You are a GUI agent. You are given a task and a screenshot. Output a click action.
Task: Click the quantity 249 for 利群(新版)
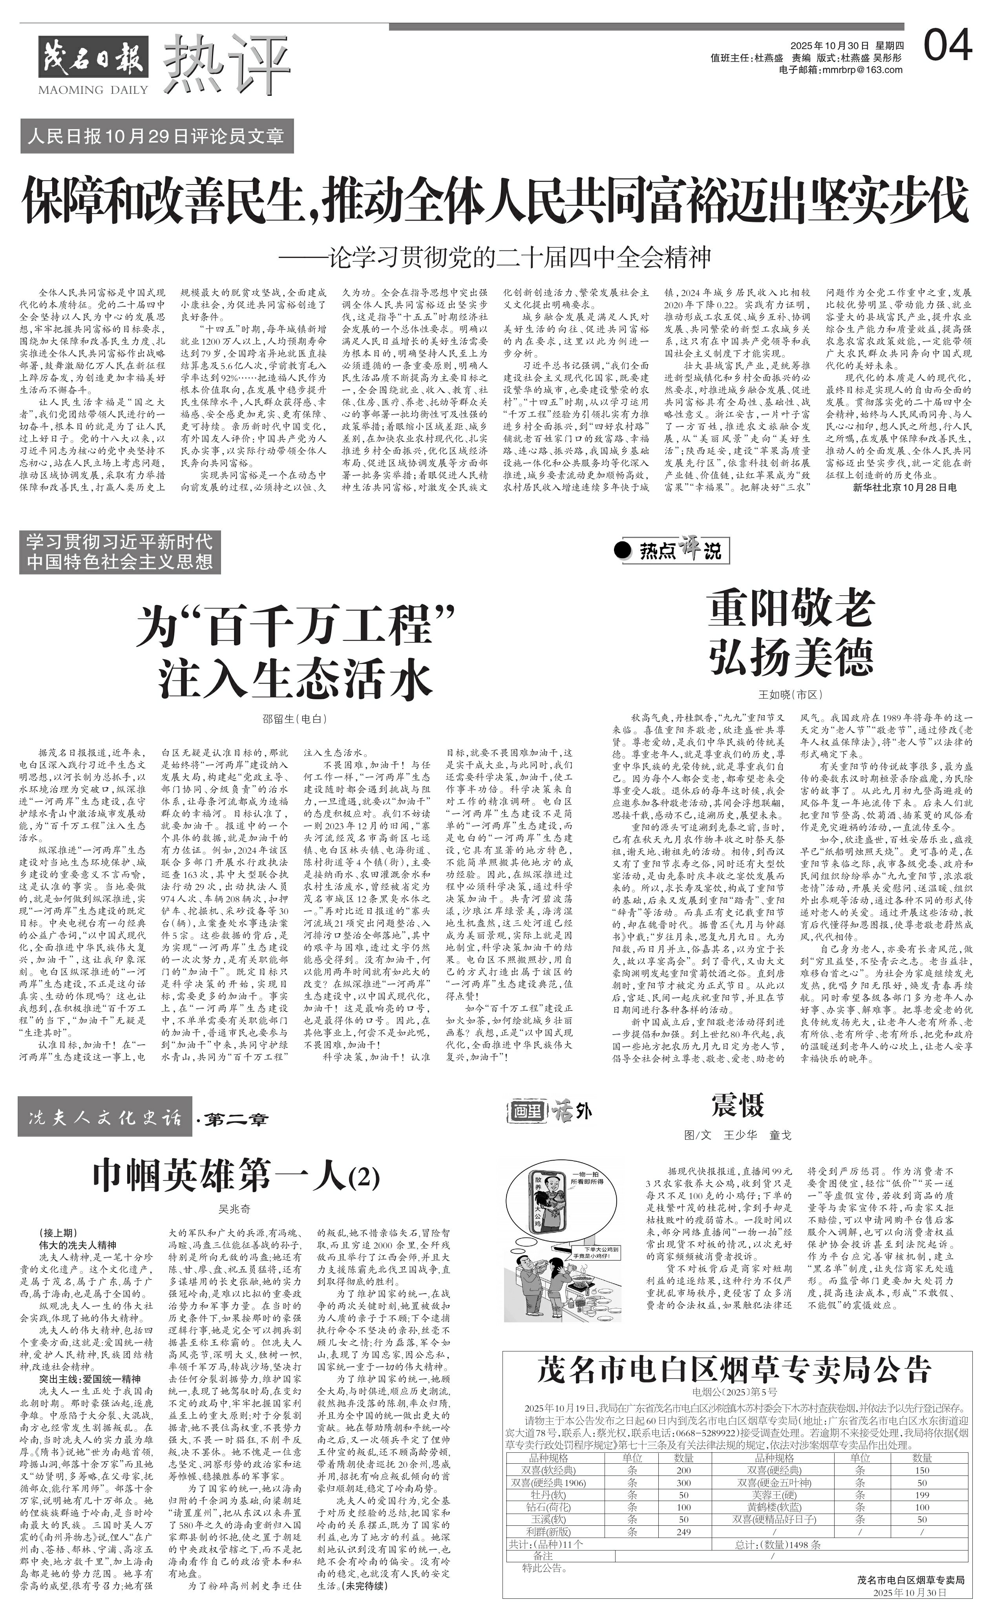pyautogui.click(x=684, y=1531)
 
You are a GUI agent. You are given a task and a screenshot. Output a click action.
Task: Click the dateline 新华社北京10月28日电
pyautogui.click(x=904, y=487)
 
